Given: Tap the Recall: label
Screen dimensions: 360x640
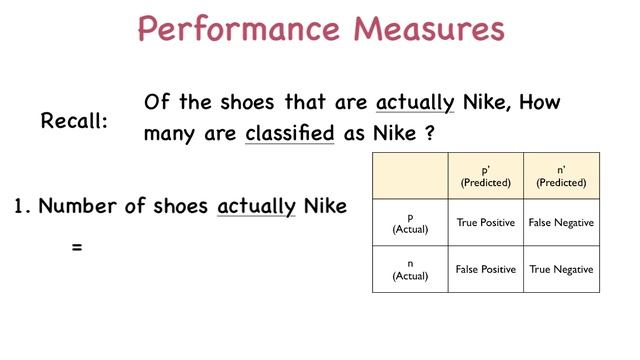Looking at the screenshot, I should point(75,122).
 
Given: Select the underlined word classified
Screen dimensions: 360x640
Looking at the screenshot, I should point(289,133).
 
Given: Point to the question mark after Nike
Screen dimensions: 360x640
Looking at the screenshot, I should point(429,133).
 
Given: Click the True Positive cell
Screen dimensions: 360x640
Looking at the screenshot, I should point(486,222).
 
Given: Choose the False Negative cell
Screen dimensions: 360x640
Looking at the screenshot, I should point(561,222).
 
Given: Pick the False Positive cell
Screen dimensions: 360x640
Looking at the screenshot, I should point(486,269).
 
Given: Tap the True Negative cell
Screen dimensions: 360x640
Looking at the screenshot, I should point(561,269).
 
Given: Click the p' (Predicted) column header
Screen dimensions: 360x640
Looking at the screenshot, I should point(486,176).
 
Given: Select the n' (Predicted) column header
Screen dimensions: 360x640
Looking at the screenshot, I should point(561,176).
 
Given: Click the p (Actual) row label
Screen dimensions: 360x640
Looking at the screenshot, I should point(410,222).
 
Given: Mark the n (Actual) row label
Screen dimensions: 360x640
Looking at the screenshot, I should point(410,269).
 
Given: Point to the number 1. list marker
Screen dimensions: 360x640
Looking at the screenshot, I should point(21,207).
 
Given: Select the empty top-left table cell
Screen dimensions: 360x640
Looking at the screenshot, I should point(410,176).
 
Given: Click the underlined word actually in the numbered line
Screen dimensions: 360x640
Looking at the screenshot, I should point(256,207).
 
